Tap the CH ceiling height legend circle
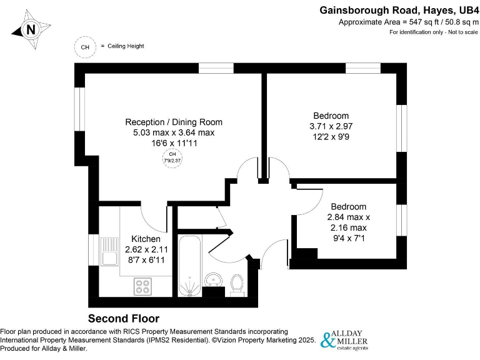point(85,46)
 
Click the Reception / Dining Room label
point(174,122)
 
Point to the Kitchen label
point(146,239)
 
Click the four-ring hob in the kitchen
point(142,286)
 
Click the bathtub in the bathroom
point(189,265)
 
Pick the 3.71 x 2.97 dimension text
point(331,126)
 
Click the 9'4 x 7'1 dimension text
point(348,238)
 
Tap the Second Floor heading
point(123,318)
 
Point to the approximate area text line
point(408,22)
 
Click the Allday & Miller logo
point(344,339)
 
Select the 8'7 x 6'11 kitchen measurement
point(146,260)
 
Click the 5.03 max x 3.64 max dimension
point(174,132)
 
